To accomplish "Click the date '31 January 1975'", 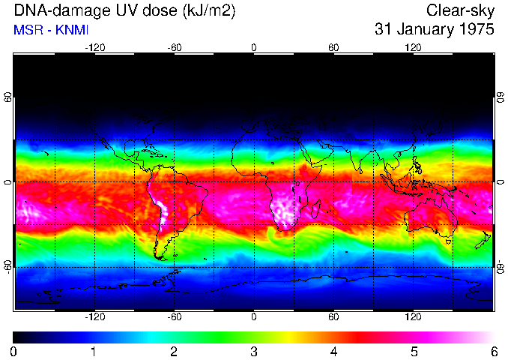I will point(434,30).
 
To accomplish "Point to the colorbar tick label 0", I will point(13,351).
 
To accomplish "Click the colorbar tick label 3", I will point(253,351).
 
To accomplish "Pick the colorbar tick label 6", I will point(493,351).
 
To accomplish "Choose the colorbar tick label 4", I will point(333,351).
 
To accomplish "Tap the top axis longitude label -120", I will point(94,47).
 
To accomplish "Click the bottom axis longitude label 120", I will point(413,316).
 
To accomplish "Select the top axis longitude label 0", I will point(253,47).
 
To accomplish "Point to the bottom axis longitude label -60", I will point(174,316).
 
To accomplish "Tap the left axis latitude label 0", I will point(7,182).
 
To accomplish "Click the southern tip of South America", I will point(160,257).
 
